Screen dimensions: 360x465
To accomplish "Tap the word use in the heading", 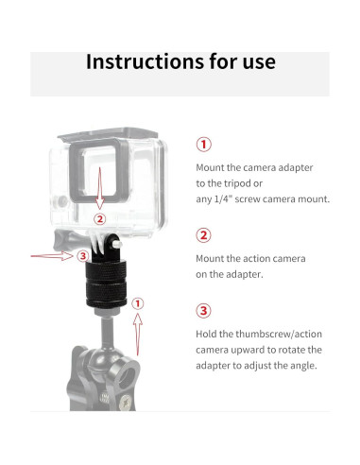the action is pos(259,62).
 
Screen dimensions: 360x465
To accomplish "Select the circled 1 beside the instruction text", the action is pos(204,145).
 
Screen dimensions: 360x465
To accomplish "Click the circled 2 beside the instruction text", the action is pos(204,235).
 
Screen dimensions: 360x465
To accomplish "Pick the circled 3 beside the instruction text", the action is pos(204,311).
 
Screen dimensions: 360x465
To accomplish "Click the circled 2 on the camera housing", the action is pos(100,218).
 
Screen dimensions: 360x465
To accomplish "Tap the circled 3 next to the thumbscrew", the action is pos(82,256).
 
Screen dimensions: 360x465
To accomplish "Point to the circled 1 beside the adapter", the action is pos(138,303).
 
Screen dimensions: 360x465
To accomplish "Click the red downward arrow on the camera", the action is pos(100,188).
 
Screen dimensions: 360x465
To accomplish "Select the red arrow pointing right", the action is pos(52,255).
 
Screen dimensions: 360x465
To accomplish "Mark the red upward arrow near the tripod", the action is pos(138,334).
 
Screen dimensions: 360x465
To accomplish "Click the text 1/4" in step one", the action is pos(223,199).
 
